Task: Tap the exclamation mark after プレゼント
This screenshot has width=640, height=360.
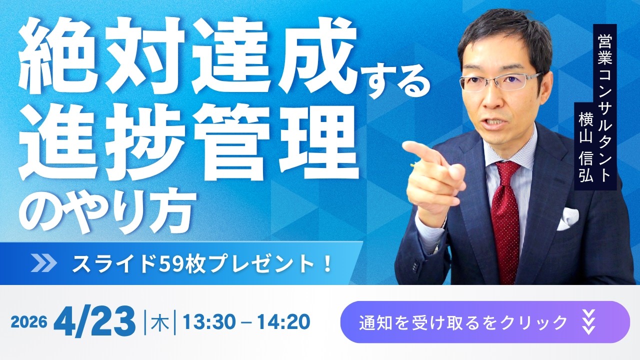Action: (x=328, y=264)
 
